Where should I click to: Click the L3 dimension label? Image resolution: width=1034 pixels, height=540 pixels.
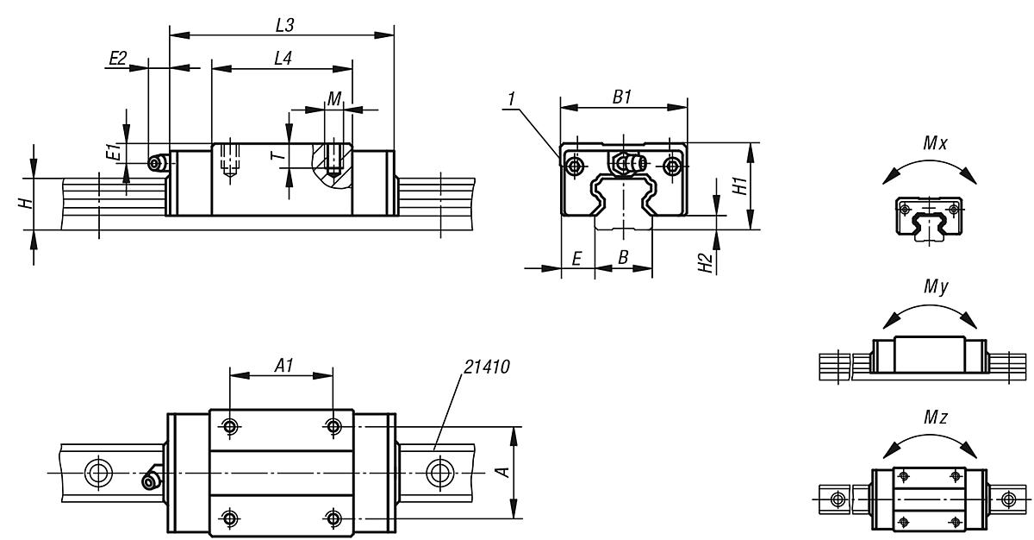coord(284,26)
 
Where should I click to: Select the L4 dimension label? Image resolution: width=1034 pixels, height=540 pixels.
coord(282,59)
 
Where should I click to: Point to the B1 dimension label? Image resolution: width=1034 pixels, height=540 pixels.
coord(623,97)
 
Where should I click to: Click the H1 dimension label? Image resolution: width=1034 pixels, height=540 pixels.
coord(739,185)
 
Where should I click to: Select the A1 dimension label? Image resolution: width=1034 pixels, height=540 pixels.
coord(282,366)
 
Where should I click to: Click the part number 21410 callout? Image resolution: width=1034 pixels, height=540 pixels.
coord(485,367)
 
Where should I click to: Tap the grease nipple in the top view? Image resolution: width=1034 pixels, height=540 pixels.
coord(153,480)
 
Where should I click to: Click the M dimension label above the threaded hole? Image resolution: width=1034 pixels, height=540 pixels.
coord(333,98)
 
